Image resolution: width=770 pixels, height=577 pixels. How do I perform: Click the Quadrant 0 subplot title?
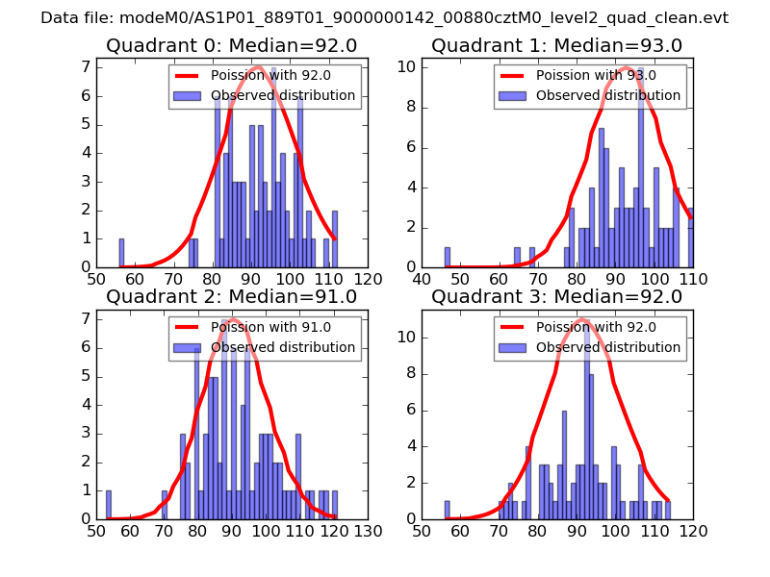pyautogui.click(x=231, y=45)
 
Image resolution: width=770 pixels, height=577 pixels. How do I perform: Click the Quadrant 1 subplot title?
pyautogui.click(x=556, y=45)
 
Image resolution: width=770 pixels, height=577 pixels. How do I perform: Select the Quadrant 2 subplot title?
pyautogui.click(x=231, y=296)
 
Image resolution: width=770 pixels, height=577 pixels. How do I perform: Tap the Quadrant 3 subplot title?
pyautogui.click(x=556, y=296)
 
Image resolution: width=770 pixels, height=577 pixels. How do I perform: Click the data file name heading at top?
pyautogui.click(x=384, y=18)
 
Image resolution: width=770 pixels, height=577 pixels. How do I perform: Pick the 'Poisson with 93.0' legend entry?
pyautogui.click(x=596, y=76)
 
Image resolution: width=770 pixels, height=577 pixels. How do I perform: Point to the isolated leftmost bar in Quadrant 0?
pyautogui.click(x=121, y=253)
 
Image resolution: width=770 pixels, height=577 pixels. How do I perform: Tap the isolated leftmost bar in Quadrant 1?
pyautogui.click(x=448, y=257)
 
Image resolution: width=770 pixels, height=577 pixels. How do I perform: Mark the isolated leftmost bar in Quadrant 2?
pyautogui.click(x=108, y=504)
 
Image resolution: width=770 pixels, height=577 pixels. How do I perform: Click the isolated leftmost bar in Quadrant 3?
pyautogui.click(x=448, y=510)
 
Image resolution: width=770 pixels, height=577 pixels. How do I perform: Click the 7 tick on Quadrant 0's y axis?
pyautogui.click(x=87, y=66)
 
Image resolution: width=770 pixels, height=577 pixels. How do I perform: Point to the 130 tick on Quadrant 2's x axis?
pyautogui.click(x=368, y=530)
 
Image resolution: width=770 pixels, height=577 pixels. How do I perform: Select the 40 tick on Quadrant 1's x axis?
pyautogui.click(x=423, y=279)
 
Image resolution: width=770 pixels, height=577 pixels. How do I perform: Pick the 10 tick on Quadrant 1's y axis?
pyautogui.click(x=408, y=66)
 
